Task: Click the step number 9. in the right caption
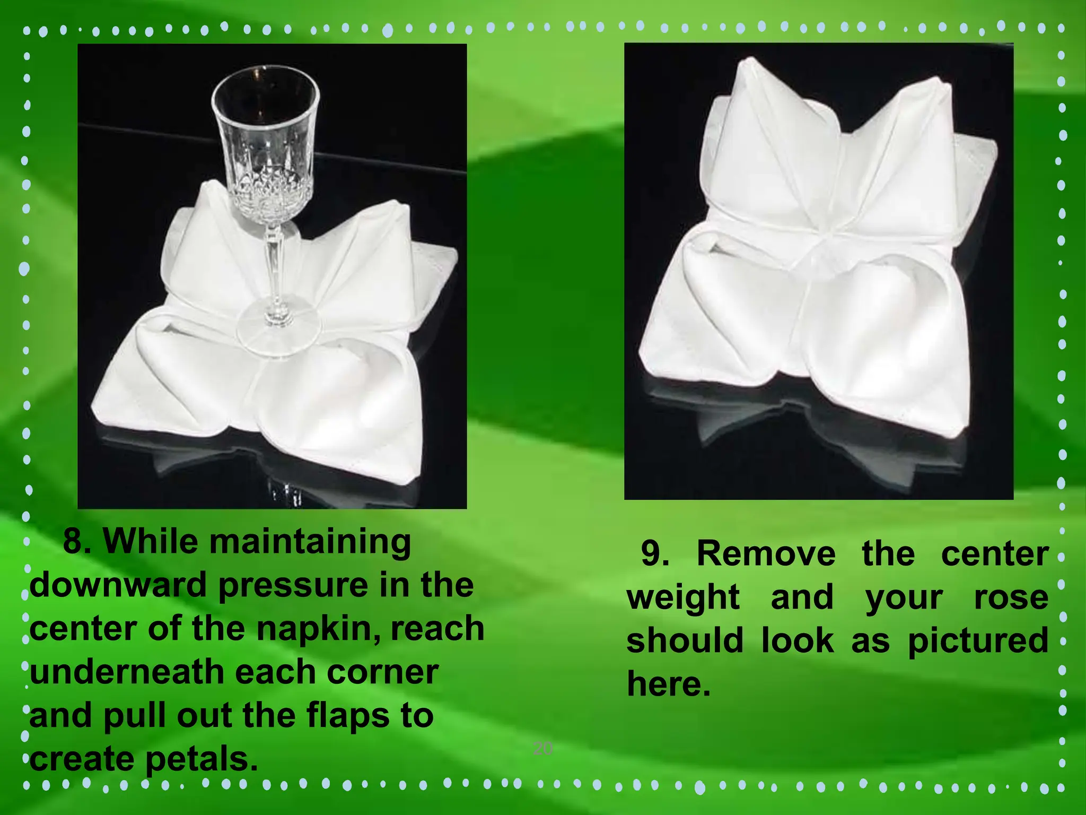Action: pyautogui.click(x=655, y=553)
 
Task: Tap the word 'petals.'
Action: pyautogui.click(x=202, y=759)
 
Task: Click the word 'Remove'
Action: pyautogui.click(x=766, y=553)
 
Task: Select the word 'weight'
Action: pyautogui.click(x=683, y=597)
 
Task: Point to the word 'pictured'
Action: pyautogui.click(x=978, y=640)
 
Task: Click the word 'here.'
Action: pyautogui.click(x=668, y=684)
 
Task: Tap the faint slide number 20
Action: pyautogui.click(x=542, y=749)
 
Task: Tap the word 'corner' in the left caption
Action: pyautogui.click(x=382, y=672)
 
